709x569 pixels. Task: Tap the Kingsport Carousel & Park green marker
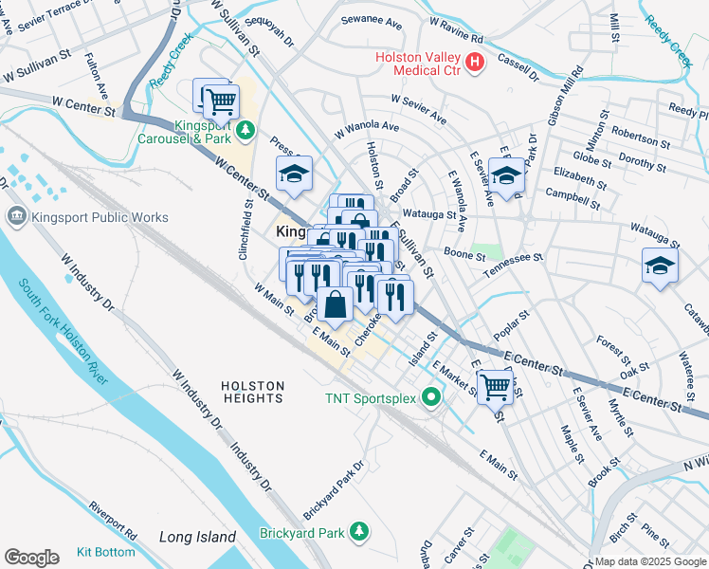246,130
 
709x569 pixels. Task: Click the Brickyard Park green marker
358,532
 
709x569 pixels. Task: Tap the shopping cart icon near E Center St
495,386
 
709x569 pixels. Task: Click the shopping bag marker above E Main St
336,304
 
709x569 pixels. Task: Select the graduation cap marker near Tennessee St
660,266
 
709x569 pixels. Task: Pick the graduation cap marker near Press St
294,174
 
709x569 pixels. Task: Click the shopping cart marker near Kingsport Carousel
221,99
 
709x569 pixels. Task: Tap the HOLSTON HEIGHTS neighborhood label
252,392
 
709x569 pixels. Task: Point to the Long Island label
197,537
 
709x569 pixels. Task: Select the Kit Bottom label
106,551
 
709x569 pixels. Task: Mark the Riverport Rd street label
114,521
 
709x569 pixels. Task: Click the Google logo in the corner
31,557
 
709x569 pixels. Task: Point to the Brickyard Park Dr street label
334,491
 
